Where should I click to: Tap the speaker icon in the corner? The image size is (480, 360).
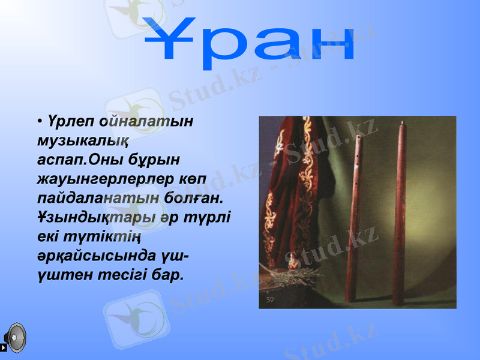point(14,339)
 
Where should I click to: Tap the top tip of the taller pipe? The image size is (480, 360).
point(400,124)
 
